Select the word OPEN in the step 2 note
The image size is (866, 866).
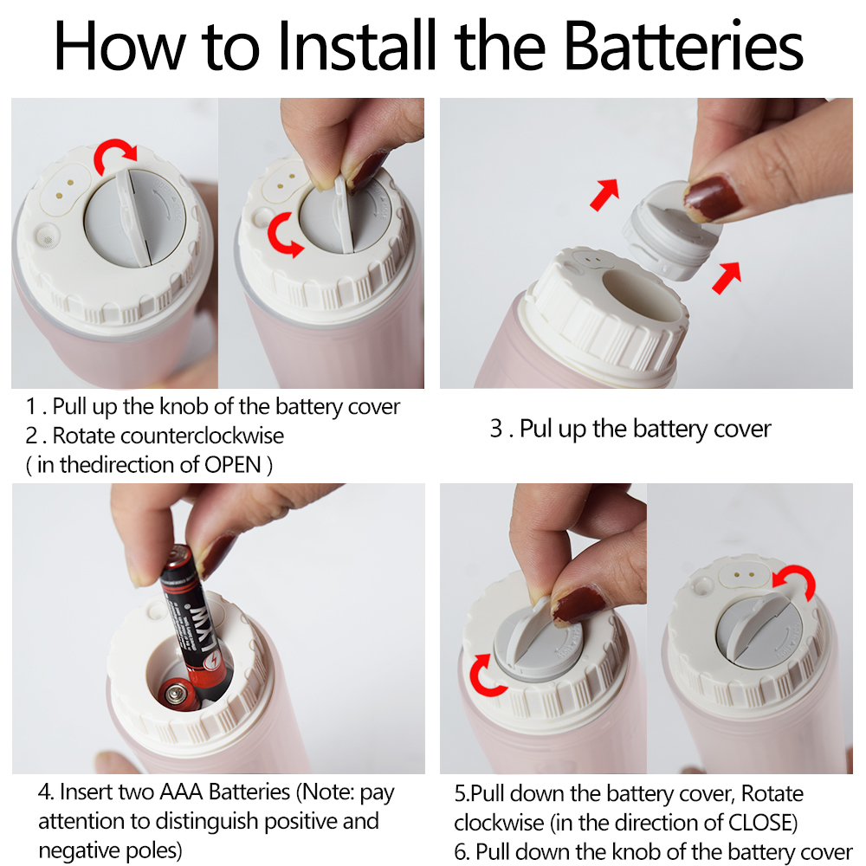tap(232, 465)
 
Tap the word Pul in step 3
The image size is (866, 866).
tap(536, 430)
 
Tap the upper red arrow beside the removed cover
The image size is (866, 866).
tap(604, 194)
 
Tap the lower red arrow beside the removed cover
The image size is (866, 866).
tap(727, 277)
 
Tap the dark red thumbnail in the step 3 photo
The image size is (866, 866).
tap(713, 197)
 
